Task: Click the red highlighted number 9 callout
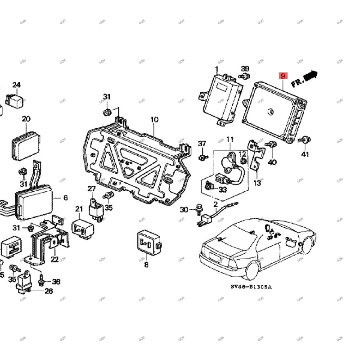tap(283, 76)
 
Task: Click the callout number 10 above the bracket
tap(154, 120)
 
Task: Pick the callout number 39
tap(245, 69)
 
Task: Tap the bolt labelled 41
tap(305, 140)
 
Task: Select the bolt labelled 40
tap(271, 145)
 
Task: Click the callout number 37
tap(202, 144)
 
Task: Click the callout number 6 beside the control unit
tap(65, 198)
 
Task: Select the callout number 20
tap(26, 119)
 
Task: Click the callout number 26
tap(48, 291)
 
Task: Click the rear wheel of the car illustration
tap(251, 269)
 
